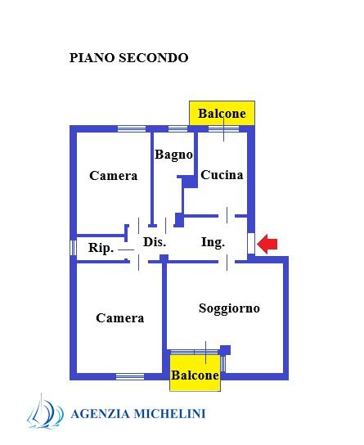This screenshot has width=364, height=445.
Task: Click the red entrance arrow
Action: coord(267,244)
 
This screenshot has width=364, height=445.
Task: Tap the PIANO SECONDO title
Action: coord(128,58)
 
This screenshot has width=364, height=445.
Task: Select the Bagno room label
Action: coord(173,155)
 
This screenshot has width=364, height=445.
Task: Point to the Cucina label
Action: coord(222,175)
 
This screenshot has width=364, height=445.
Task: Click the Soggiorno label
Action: coord(229,308)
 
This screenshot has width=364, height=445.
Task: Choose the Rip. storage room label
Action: coord(101,248)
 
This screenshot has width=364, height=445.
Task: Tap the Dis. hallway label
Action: coord(155,242)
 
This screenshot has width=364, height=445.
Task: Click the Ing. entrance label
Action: coord(213,243)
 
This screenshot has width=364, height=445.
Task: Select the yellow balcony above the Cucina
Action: coord(222,113)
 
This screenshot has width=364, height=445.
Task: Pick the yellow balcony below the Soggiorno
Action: coord(195,373)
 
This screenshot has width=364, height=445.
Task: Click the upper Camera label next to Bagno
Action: coord(114,176)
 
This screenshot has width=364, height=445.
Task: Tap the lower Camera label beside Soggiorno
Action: coord(120,318)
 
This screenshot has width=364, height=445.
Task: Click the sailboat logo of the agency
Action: coord(45,411)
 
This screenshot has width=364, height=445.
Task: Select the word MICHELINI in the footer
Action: coord(169,413)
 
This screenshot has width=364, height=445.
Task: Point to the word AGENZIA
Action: coord(100,414)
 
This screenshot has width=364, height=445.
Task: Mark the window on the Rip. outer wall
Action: coord(73,248)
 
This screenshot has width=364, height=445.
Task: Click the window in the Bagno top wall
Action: coord(178,129)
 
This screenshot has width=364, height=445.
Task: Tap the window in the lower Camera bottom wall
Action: coord(130,376)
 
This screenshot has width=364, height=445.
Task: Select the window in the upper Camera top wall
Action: coord(132,129)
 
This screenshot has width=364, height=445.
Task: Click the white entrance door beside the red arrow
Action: coord(251,243)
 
